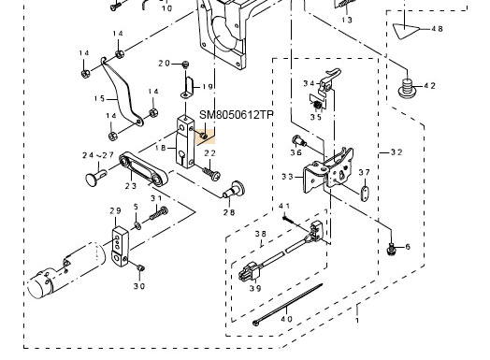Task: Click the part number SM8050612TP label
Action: pyautogui.click(x=237, y=115)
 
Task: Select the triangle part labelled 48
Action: pyautogui.click(x=405, y=31)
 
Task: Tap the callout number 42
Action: pyautogui.click(x=430, y=85)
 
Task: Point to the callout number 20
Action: pyautogui.click(x=164, y=64)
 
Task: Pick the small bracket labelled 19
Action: pyautogui.click(x=187, y=87)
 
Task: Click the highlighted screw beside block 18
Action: pyautogui.click(x=204, y=136)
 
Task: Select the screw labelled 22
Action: pyautogui.click(x=212, y=173)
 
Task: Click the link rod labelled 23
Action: pyautogui.click(x=143, y=168)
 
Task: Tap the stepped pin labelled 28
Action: pyautogui.click(x=234, y=191)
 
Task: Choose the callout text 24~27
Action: pyautogui.click(x=98, y=155)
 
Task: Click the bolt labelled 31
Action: pyautogui.click(x=159, y=213)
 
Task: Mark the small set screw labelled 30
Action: pyautogui.click(x=140, y=267)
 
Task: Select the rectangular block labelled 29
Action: pyautogui.click(x=120, y=247)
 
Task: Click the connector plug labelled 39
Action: pyautogui.click(x=249, y=271)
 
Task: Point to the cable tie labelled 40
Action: pyautogui.click(x=288, y=305)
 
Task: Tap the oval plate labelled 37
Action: pyautogui.click(x=364, y=194)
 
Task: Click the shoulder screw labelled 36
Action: pyautogui.click(x=299, y=141)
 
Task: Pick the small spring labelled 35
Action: pyautogui.click(x=318, y=106)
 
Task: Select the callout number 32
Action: pyautogui.click(x=396, y=152)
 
